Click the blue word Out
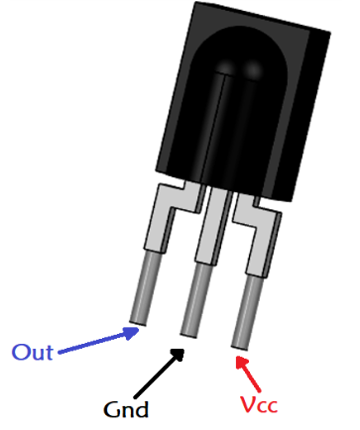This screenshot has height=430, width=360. [33, 352]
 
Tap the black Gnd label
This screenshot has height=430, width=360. [126, 407]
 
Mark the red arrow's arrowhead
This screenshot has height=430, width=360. [238, 357]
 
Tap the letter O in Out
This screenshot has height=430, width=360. [21, 352]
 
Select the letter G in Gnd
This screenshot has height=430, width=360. [112, 407]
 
